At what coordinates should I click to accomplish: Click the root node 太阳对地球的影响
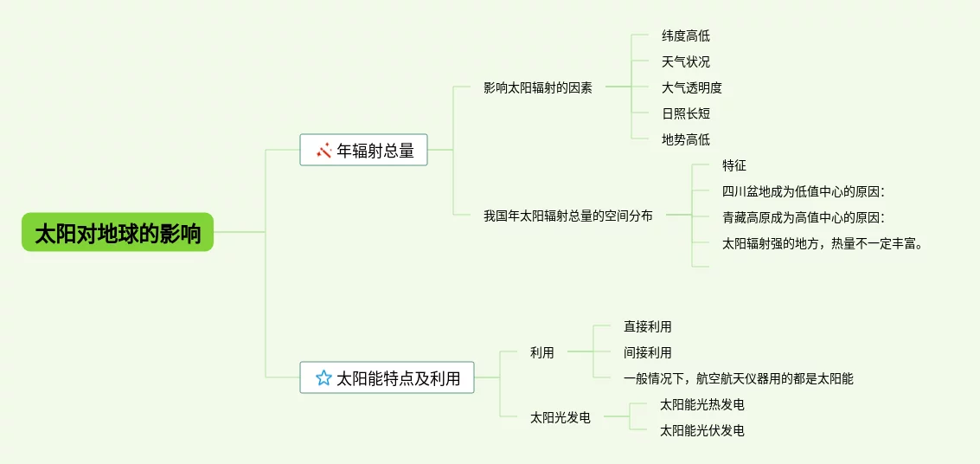pos(118,233)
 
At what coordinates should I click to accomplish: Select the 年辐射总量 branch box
pos(364,150)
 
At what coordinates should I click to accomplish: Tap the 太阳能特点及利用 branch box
pos(388,377)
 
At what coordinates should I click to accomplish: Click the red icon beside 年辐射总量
pos(324,151)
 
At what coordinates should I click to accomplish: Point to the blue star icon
pos(323,377)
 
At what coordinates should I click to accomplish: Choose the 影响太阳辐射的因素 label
pos(537,87)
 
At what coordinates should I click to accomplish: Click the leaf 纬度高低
pos(686,35)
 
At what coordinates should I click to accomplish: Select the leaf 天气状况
pos(686,61)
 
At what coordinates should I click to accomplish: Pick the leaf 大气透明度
pos(692,87)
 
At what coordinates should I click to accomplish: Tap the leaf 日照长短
pos(686,113)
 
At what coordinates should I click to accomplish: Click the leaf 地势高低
pos(686,139)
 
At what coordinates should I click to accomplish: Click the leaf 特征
pos(734,165)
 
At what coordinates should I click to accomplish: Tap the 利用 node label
pos(542,352)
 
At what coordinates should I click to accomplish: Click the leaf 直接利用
pos(648,326)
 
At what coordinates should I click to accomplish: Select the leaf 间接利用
pos(648,352)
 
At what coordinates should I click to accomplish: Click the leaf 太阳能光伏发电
pos(701,430)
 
